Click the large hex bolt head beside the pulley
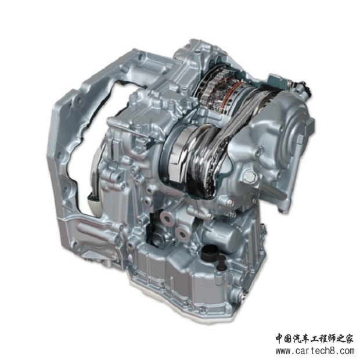click(250, 177)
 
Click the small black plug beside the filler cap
click(222, 262)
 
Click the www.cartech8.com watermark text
click(315, 351)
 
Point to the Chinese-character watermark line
click(315, 338)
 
